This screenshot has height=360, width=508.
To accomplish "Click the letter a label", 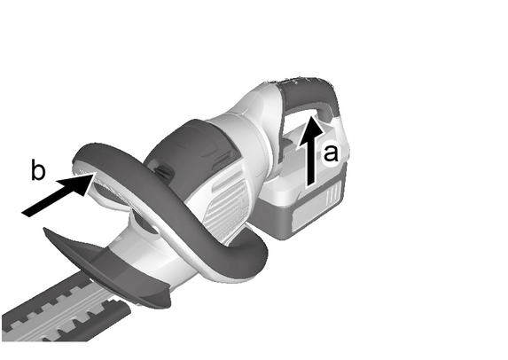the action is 331,153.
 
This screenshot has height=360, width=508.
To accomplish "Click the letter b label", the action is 38,169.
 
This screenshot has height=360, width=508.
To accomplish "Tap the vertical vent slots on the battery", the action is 334,193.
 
